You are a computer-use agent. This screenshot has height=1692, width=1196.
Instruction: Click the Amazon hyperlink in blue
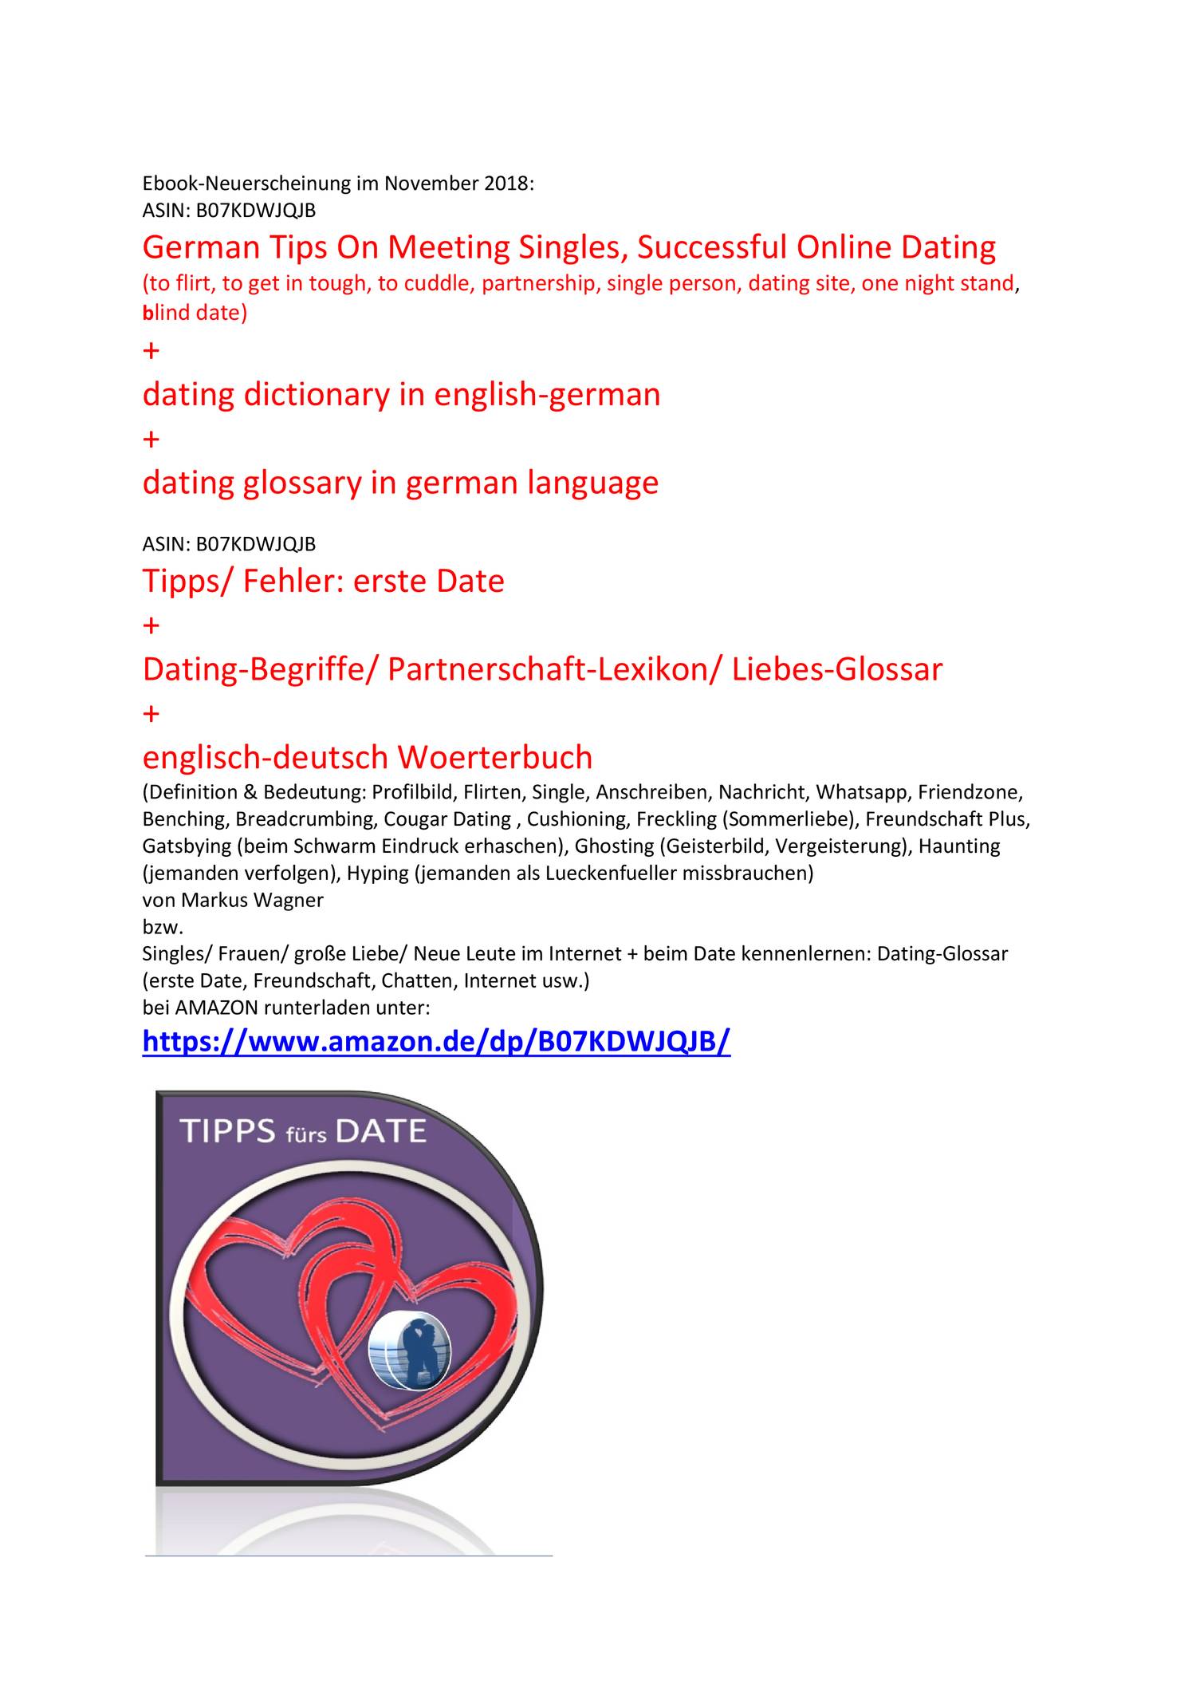(436, 1041)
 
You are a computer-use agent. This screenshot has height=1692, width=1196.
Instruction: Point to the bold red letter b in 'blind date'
(147, 313)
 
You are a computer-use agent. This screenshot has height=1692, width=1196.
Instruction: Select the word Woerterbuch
(495, 756)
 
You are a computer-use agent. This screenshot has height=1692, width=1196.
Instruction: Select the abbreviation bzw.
(163, 927)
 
